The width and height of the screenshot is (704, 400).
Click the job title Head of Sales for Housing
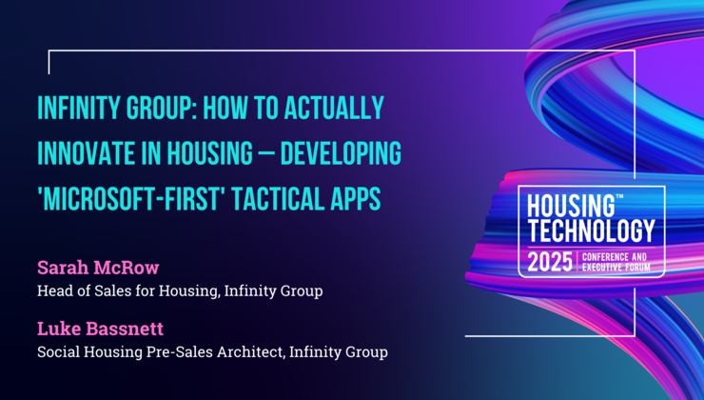coord(127,290)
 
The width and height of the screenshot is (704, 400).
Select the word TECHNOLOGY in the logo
coord(592,230)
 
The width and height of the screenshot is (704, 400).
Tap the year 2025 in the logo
coord(552,259)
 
